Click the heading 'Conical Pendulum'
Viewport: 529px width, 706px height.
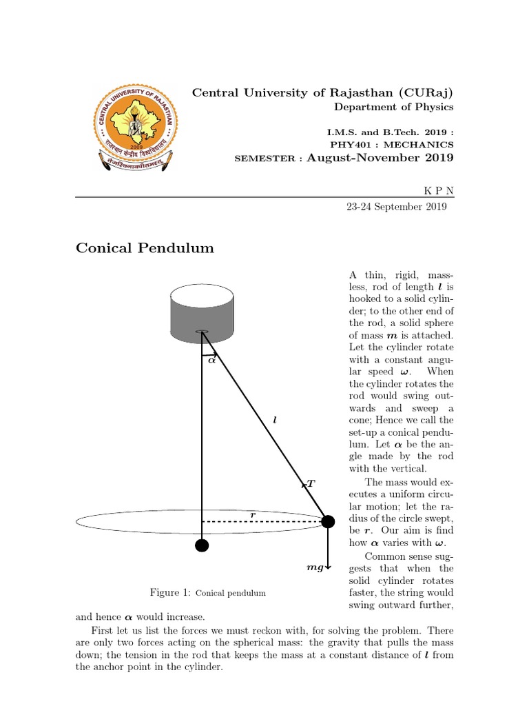(x=145, y=248)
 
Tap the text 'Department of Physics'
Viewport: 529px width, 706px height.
(x=393, y=107)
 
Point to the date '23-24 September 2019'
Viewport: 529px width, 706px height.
(x=397, y=206)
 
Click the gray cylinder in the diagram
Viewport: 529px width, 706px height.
(x=202, y=314)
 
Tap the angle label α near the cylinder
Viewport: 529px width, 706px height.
(x=211, y=359)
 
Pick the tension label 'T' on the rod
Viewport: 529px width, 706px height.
(x=311, y=484)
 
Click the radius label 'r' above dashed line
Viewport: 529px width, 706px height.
(x=253, y=514)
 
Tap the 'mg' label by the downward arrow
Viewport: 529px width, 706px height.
(x=315, y=568)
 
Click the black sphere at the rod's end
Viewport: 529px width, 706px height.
(x=329, y=521)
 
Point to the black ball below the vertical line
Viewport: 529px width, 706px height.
(x=202, y=546)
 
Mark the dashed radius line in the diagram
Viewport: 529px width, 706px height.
(x=262, y=522)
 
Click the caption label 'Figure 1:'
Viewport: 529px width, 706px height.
(x=170, y=592)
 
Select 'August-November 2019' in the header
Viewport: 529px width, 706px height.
(x=380, y=158)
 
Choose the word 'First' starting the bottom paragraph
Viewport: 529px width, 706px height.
(x=103, y=631)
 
